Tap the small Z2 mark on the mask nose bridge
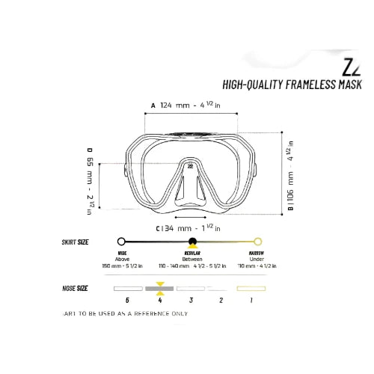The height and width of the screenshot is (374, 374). click(x=191, y=167)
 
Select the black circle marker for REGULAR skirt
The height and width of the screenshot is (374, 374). click(x=192, y=242)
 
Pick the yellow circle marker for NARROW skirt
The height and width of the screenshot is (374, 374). click(x=258, y=242)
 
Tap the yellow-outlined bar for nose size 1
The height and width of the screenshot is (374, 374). click(x=251, y=287)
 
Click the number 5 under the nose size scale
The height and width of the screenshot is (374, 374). click(x=128, y=300)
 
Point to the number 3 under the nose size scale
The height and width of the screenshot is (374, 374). click(x=191, y=300)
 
